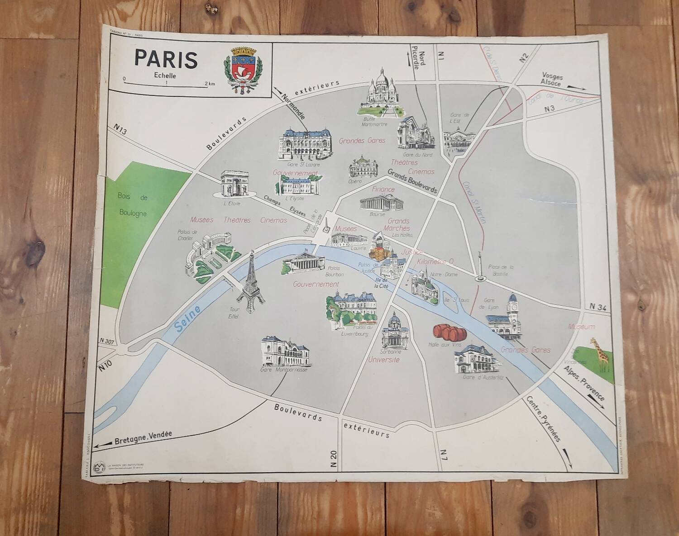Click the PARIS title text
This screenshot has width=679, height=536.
[x=166, y=59]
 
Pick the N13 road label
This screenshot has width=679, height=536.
[x=120, y=130]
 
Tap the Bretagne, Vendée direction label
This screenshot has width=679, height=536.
[x=143, y=436]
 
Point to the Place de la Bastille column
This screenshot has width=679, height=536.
[x=479, y=267]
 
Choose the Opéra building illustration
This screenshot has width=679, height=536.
[x=363, y=167]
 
